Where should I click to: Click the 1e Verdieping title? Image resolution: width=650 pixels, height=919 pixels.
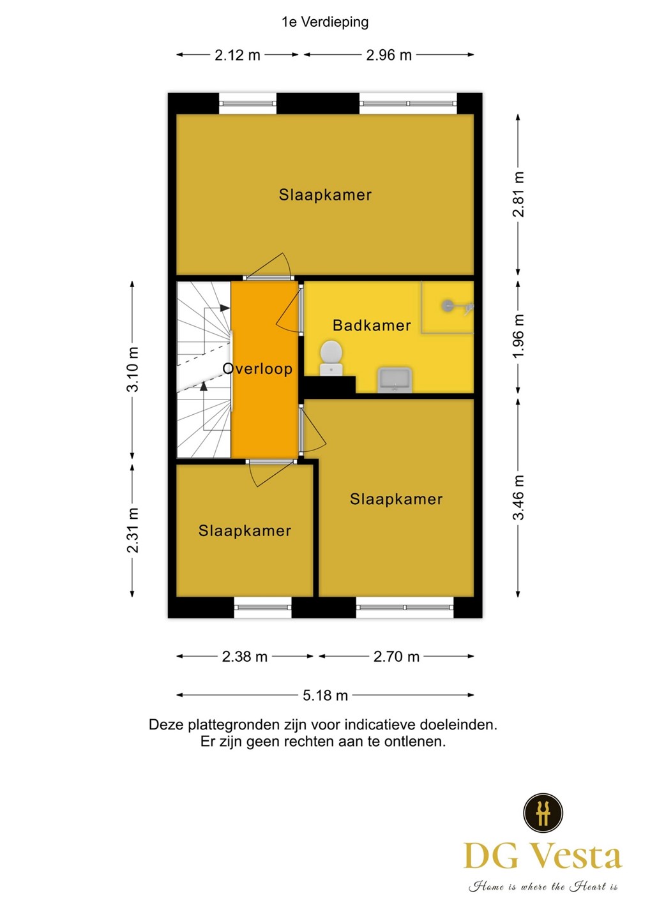pyautogui.click(x=325, y=22)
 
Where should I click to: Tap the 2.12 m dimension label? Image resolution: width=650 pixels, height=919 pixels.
pyautogui.click(x=238, y=56)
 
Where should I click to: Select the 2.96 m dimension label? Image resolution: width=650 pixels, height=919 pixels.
pyautogui.click(x=389, y=56)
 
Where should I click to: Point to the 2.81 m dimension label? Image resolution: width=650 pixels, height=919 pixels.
pyautogui.click(x=518, y=195)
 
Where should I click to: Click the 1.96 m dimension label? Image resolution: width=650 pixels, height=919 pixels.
pyautogui.click(x=518, y=336)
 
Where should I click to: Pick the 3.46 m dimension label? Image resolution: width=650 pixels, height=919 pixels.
pyautogui.click(x=518, y=498)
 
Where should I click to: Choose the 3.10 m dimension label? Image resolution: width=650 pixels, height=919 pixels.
pyautogui.click(x=133, y=370)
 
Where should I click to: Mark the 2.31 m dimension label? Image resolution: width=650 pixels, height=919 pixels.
pyautogui.click(x=133, y=530)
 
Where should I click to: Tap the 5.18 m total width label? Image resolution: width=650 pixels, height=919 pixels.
pyautogui.click(x=326, y=696)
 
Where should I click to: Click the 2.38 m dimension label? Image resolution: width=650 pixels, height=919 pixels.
pyautogui.click(x=245, y=657)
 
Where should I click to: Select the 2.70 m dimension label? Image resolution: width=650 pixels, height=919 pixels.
pyautogui.click(x=397, y=657)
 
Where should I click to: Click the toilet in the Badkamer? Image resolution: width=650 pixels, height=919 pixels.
pyautogui.click(x=331, y=357)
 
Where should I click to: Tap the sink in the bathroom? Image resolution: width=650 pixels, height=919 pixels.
pyautogui.click(x=395, y=380)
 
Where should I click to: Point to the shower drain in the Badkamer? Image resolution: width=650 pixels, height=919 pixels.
pyautogui.click(x=448, y=306)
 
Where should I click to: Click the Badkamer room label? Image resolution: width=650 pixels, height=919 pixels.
pyautogui.click(x=372, y=325)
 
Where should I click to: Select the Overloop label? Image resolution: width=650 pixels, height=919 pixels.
pyautogui.click(x=257, y=369)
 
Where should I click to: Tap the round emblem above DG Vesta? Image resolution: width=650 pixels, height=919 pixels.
pyautogui.click(x=543, y=813)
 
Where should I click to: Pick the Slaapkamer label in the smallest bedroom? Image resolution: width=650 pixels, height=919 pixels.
pyautogui.click(x=245, y=531)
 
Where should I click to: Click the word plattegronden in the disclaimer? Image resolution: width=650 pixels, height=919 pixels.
pyautogui.click(x=233, y=725)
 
